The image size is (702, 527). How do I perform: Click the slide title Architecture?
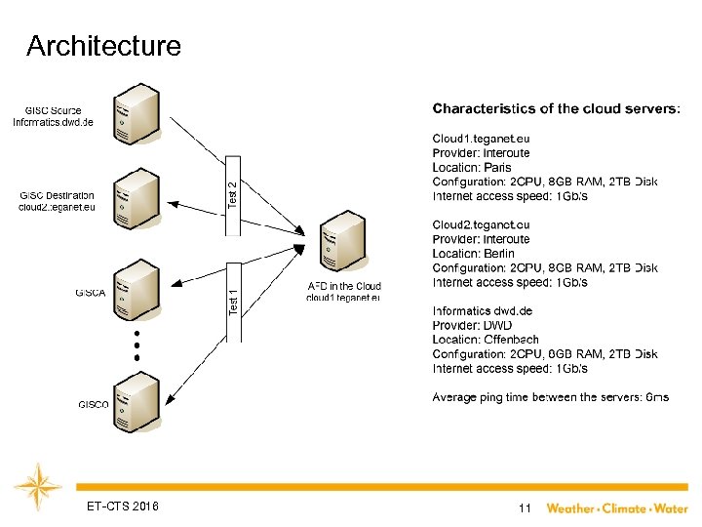104,46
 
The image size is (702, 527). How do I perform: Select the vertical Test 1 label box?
233,290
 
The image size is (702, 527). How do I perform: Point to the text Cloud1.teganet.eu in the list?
482,139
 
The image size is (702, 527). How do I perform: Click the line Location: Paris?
472,168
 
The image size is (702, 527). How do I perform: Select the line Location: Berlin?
474,254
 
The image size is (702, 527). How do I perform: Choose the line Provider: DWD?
472,325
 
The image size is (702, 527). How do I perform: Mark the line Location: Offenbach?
483,340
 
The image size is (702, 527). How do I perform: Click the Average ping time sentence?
550,397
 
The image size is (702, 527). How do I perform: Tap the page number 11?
525,508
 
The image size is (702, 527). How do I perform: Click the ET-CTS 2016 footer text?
122,507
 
